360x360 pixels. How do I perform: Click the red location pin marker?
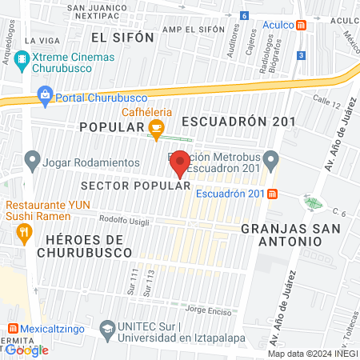click(x=180, y=163)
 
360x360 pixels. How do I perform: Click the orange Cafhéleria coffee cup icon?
click(x=157, y=127)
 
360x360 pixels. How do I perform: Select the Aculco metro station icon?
click(x=301, y=25)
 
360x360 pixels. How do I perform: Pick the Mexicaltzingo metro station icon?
click(x=13, y=328)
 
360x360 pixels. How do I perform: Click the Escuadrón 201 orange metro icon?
click(x=274, y=193)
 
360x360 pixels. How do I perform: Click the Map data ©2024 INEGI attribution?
click(x=312, y=354)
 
